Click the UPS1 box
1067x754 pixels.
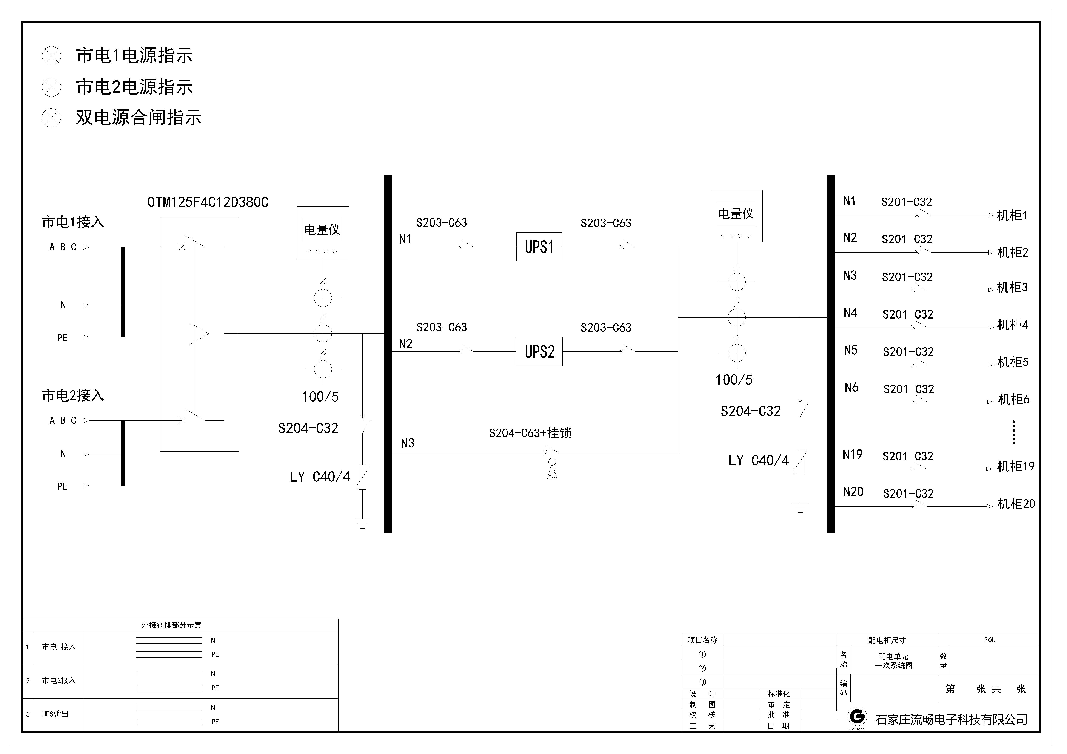point(539,247)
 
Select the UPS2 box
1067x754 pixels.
point(539,352)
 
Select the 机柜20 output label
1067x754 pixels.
point(1016,504)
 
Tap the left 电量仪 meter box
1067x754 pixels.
point(323,232)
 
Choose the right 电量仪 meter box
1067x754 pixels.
point(736,216)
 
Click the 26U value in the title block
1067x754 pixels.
point(989,640)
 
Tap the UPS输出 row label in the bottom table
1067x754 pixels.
point(55,714)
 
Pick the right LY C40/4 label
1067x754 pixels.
point(758,461)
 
